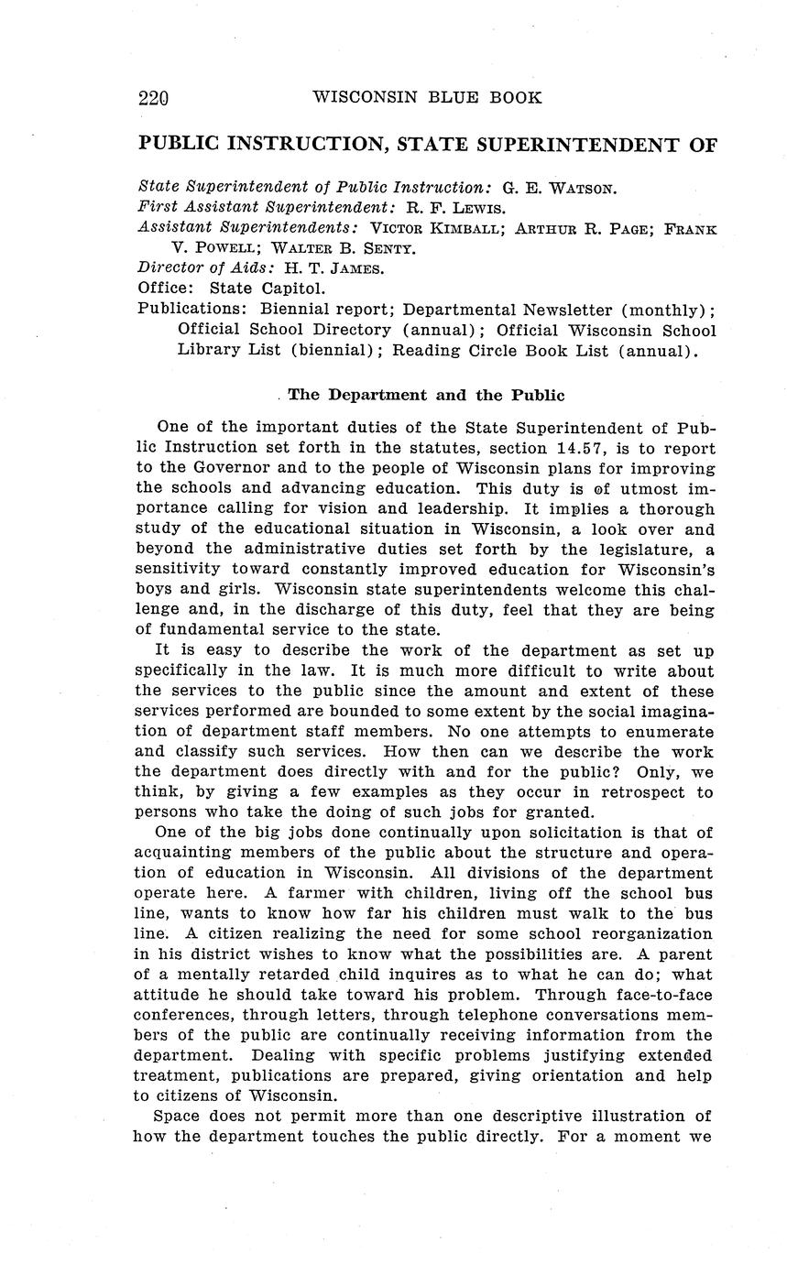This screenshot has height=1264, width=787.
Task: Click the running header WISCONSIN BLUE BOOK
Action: (427, 97)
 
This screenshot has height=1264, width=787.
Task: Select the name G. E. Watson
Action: (560, 189)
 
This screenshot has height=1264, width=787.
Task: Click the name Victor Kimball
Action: (437, 227)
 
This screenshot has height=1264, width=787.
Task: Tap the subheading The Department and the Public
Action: (426, 395)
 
